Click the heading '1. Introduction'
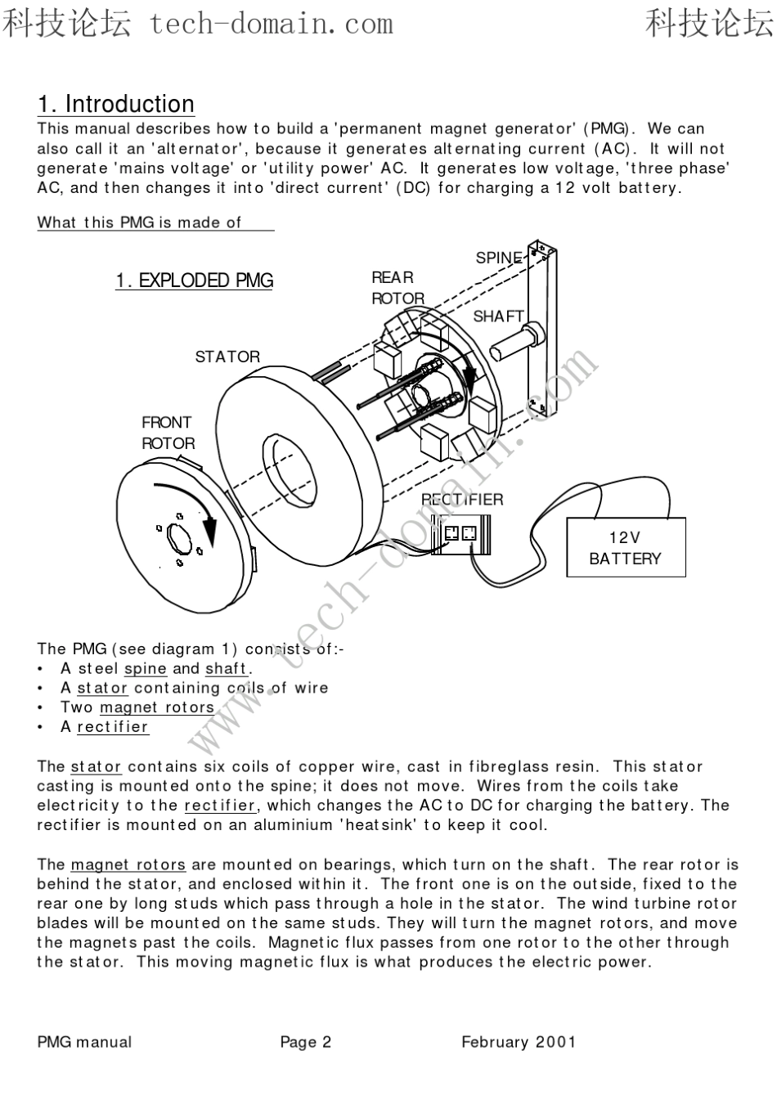pos(116,105)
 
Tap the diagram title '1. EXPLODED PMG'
pos(194,281)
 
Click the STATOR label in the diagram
pos(227,357)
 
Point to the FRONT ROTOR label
pos(168,433)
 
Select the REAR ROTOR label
pos(397,288)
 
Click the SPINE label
pos(498,258)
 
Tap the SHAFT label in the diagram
pos(498,317)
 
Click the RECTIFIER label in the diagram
pos(462,500)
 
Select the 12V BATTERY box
pos(626,548)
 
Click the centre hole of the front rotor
pos(177,539)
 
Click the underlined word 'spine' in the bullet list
pos(145,669)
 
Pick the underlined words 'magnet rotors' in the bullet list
pos(157,707)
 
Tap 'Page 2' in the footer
pos(306,1042)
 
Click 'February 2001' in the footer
pos(519,1042)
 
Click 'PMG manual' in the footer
pos(84,1042)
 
